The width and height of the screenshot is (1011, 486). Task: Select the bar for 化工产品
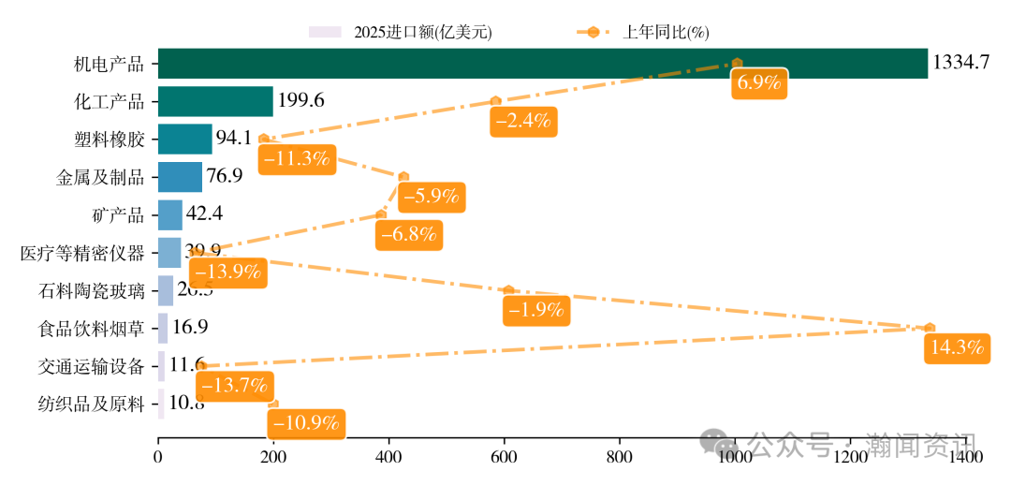(215, 101)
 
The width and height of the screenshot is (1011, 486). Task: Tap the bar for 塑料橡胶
(184, 139)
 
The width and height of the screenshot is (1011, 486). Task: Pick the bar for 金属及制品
(180, 176)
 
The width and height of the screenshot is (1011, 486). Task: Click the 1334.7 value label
(960, 64)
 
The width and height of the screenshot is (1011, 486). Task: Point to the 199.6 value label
(301, 101)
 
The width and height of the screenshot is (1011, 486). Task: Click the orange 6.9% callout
(759, 82)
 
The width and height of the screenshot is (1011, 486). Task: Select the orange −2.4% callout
(523, 121)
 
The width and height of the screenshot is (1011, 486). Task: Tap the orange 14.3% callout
(957, 348)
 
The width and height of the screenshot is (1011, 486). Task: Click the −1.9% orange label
(536, 311)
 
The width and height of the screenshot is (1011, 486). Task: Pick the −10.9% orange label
(305, 423)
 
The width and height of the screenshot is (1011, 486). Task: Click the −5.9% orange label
(432, 197)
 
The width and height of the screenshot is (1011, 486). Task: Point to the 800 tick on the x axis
(620, 457)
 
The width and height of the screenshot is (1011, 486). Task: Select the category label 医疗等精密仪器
(82, 253)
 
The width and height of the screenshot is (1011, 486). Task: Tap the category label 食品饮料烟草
(91, 328)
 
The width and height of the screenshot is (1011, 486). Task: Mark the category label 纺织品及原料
(91, 405)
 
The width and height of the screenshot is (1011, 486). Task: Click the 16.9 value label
(190, 328)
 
